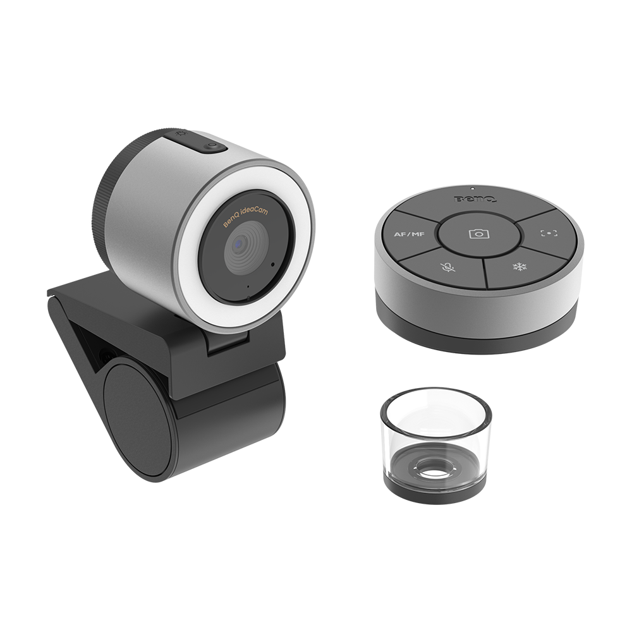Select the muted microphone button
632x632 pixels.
447,267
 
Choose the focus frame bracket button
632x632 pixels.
549,233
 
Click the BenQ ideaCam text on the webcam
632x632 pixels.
245,217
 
